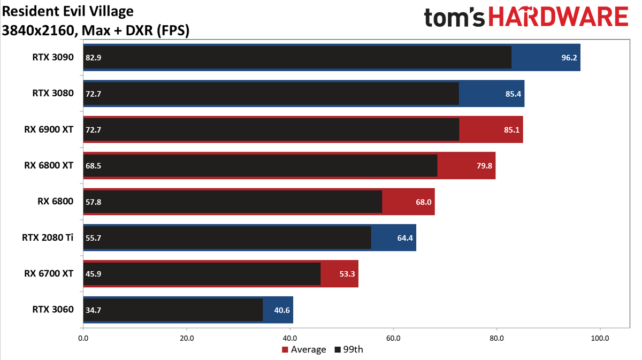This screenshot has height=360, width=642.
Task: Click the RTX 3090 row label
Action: click(52, 57)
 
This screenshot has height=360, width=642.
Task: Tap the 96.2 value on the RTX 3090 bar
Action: click(569, 57)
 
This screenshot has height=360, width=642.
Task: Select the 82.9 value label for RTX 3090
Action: click(93, 57)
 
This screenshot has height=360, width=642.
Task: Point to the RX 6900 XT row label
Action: click(49, 129)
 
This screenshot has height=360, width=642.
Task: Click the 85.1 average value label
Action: click(511, 129)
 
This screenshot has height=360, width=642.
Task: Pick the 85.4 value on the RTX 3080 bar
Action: click(513, 94)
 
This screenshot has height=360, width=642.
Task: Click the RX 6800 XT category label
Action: click(49, 165)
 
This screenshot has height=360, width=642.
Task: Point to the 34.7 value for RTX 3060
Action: click(93, 310)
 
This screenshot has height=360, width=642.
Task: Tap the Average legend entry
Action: click(303, 350)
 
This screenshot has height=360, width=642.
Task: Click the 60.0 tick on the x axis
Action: click(393, 338)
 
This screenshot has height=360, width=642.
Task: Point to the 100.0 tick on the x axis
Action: click(600, 338)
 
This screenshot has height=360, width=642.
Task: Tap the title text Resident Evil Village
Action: click(68, 11)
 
